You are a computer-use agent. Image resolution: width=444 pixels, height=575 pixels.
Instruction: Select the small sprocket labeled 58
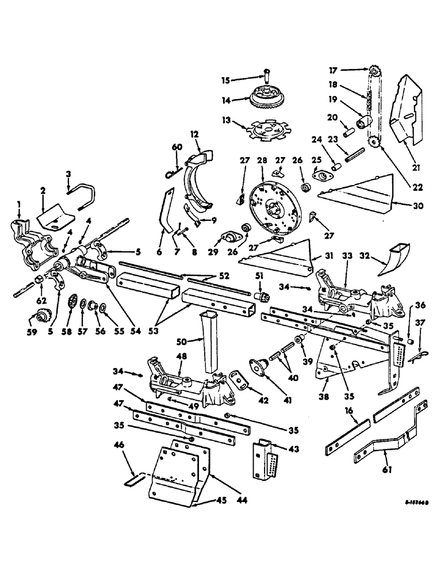(x=73, y=302)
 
